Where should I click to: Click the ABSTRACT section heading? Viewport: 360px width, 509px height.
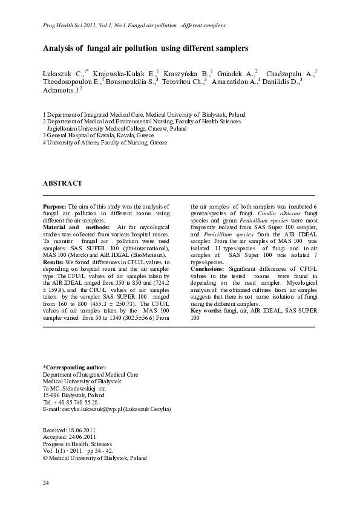click(x=62, y=183)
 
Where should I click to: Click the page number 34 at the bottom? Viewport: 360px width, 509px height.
click(x=46, y=482)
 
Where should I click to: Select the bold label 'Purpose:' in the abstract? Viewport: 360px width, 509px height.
click(x=55, y=207)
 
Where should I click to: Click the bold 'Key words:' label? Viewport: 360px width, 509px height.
click(x=205, y=311)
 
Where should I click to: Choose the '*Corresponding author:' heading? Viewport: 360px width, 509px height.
click(x=74, y=368)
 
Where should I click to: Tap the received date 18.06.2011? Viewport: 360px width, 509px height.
click(x=83, y=430)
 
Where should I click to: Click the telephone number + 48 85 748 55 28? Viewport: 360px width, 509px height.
click(x=75, y=402)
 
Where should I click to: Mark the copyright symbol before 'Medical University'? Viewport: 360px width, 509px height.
click(x=45, y=458)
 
